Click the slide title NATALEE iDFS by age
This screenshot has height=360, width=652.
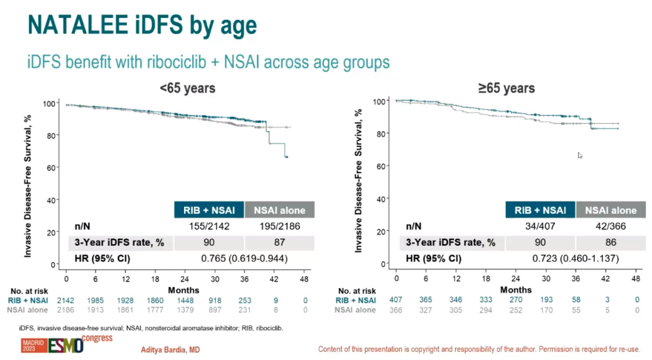point(142,25)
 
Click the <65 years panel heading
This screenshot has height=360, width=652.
point(187,88)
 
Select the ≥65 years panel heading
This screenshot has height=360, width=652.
point(507,88)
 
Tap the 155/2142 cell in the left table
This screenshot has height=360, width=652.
point(209,227)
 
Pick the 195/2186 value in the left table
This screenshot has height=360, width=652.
point(279,227)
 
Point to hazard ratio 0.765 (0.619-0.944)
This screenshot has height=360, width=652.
point(244,259)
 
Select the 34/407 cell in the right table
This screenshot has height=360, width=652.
point(540,227)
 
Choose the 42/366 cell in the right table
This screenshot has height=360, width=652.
point(610,227)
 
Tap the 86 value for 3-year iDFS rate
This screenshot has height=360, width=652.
point(610,242)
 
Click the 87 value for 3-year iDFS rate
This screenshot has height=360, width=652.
point(279,242)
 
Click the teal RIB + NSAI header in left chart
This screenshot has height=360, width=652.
point(209,210)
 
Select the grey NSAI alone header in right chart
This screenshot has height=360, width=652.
point(611,210)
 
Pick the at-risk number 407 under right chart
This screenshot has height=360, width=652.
point(397,300)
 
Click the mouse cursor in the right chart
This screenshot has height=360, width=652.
point(580,155)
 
